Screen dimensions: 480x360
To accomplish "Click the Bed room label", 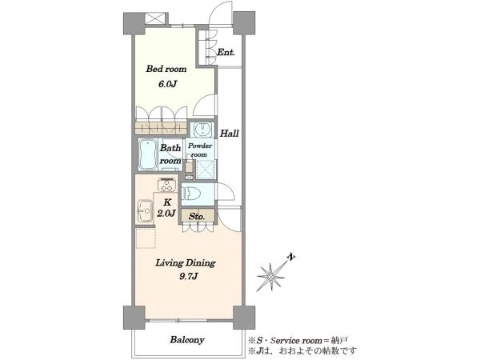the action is [x=166, y=69].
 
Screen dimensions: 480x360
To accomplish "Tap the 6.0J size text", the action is [x=167, y=84].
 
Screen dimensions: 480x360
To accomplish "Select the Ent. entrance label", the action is [x=226, y=52].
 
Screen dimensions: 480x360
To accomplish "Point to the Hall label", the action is [x=230, y=134].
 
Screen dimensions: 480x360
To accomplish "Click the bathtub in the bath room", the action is [x=147, y=154].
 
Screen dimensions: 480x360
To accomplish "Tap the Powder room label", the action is [x=199, y=150].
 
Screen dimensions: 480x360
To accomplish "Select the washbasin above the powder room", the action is [x=202, y=130].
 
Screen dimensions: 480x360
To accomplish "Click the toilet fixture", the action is [x=191, y=194].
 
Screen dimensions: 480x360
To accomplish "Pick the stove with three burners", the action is [x=167, y=185].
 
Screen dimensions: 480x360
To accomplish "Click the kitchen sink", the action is [x=145, y=210].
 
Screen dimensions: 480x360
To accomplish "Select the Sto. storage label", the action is [x=197, y=217].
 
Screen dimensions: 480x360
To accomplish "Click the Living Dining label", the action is [x=186, y=263].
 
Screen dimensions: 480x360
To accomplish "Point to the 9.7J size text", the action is [x=189, y=277].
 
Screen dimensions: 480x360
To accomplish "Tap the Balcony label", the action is [x=187, y=340].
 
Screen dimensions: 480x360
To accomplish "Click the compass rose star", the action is [x=270, y=277].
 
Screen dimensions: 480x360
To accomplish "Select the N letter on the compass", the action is [x=292, y=257].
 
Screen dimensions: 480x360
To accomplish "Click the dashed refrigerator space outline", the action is [x=146, y=238].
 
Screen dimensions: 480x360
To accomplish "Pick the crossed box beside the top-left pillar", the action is [x=154, y=18].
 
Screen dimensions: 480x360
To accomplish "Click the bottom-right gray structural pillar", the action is [x=244, y=318].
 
